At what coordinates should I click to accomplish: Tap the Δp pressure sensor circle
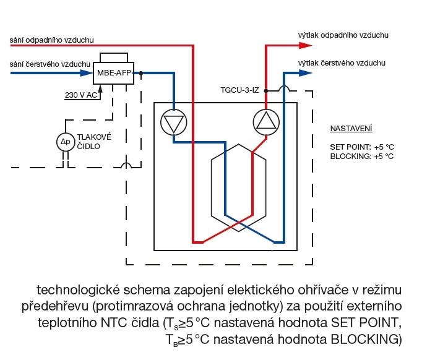(x=65, y=142)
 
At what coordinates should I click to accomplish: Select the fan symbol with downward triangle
(x=173, y=122)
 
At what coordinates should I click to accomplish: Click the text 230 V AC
(x=81, y=96)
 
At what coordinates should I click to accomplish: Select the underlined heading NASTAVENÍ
(x=351, y=129)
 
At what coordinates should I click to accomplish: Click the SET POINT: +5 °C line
(x=362, y=148)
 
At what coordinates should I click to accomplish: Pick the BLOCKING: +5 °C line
(x=362, y=156)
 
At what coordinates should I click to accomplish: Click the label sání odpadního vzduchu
(x=52, y=40)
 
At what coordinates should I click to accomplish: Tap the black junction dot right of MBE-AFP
(x=142, y=73)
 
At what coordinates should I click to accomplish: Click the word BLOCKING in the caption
(x=361, y=339)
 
